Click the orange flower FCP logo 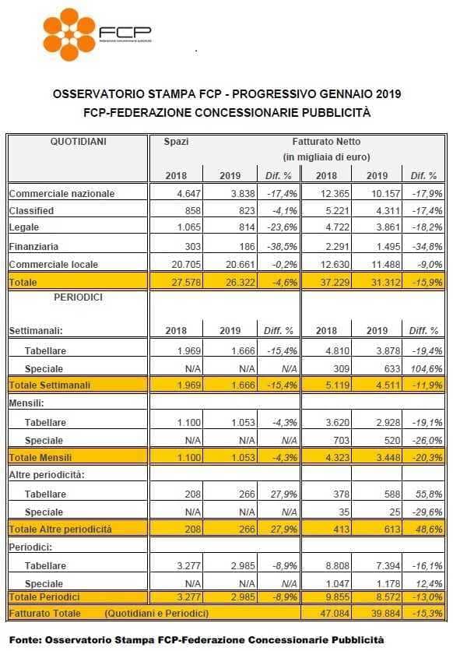click(x=68, y=34)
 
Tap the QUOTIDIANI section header click(x=78, y=142)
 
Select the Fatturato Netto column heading click(x=326, y=142)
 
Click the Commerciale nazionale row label click(x=61, y=193)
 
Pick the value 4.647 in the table click(x=188, y=193)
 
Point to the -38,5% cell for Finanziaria click(x=282, y=246)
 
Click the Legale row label click(x=24, y=227)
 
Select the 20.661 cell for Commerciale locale click(x=241, y=265)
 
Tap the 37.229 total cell click(x=335, y=283)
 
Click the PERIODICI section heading click(x=78, y=297)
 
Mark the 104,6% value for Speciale click(x=427, y=368)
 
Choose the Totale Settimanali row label click(x=49, y=385)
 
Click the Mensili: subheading click(x=26, y=403)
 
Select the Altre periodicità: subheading click(x=47, y=475)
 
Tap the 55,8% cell click(x=429, y=494)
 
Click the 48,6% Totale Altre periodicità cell click(x=429, y=530)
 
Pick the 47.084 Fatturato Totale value click(x=335, y=613)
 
